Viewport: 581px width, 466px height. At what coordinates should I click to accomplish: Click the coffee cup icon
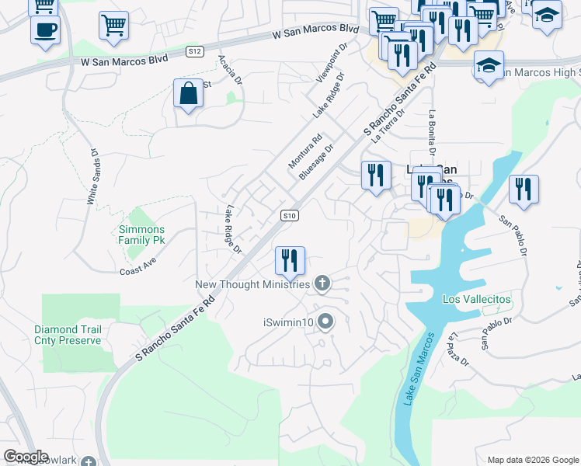pos(45,30)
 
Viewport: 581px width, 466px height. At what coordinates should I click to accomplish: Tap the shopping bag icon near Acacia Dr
pos(188,94)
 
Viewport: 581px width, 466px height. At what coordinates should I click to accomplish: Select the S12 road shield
pos(195,51)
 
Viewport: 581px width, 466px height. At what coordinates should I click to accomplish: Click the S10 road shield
pos(289,215)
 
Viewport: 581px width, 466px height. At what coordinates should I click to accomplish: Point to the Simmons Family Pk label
pos(141,235)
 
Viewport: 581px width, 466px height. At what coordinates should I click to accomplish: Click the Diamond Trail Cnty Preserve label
pos(68,335)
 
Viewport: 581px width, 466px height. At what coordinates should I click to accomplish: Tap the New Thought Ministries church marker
pos(322,284)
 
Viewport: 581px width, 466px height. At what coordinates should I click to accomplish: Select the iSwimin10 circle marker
pos(325,320)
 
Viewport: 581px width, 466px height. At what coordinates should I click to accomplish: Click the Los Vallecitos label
pos(477,299)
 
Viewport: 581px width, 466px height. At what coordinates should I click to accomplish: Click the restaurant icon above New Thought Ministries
pos(290,260)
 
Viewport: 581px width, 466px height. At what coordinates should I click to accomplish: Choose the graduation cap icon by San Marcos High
pos(489,65)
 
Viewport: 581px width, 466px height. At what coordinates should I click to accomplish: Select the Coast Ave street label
pos(138,271)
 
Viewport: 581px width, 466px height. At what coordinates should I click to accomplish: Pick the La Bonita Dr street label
pos(430,131)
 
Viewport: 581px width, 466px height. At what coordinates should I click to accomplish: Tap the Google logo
pos(26,457)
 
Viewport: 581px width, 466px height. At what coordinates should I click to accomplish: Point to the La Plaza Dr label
pos(458,349)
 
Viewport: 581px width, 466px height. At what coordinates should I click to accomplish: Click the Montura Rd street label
pos(304,152)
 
